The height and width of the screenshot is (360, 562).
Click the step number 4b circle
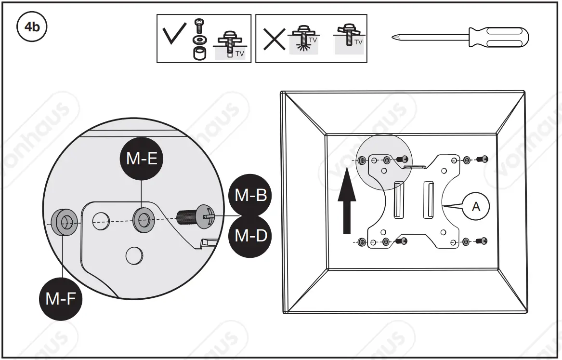point(32,27)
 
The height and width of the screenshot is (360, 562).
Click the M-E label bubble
point(142,160)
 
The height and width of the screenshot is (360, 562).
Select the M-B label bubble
point(250,195)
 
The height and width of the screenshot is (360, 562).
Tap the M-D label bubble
point(250,236)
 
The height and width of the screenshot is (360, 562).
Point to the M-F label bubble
point(60,299)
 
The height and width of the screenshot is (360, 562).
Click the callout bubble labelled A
point(476,206)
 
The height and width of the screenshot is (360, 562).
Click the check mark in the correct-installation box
point(173,37)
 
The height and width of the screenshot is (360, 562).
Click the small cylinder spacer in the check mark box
point(197,53)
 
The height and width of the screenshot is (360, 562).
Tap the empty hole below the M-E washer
point(134,255)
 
